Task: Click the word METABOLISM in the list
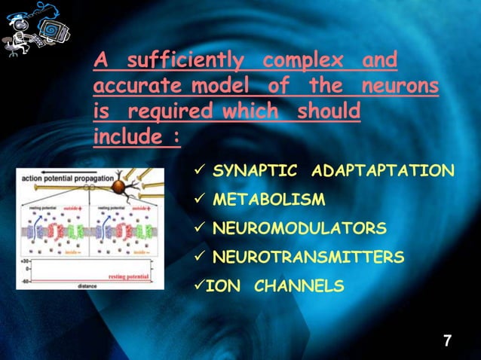click(268, 200)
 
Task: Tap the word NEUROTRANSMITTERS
click(308, 258)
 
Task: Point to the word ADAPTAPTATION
click(382, 171)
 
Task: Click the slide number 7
click(447, 341)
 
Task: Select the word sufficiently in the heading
click(185, 59)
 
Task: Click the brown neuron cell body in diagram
click(118, 188)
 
